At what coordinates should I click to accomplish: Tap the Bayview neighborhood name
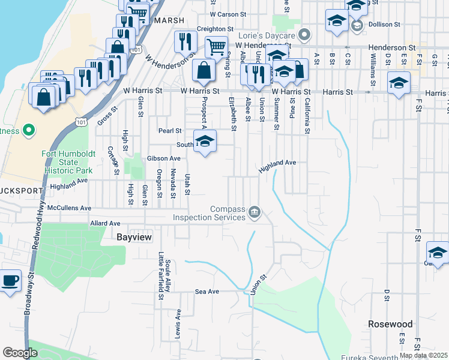133,238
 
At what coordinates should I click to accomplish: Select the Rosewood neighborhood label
390,324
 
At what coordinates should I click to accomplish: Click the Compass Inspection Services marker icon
255,212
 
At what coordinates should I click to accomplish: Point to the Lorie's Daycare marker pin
304,34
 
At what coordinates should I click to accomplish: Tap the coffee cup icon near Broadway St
10,281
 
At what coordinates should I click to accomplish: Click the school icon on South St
205,142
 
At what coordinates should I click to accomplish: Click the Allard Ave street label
105,223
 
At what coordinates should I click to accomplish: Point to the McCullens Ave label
69,208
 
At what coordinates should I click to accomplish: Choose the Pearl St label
170,130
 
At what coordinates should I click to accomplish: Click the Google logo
20,353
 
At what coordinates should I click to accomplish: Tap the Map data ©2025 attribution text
424,356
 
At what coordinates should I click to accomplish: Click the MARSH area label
166,20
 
